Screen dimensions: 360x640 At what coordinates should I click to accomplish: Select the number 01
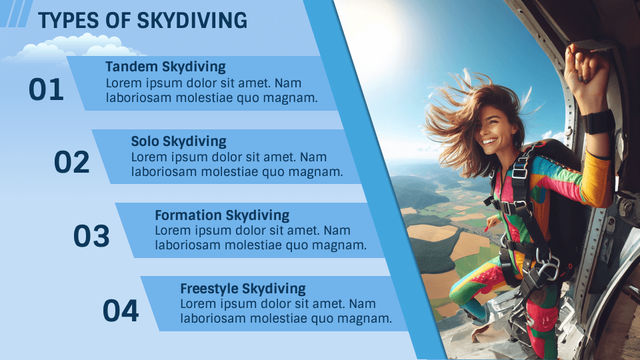click(46, 90)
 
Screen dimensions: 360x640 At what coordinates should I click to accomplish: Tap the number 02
click(71, 163)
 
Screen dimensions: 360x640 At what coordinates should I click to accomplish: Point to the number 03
click(91, 236)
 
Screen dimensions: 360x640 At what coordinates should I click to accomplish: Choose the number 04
click(121, 311)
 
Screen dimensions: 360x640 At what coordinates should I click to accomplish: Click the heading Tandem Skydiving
click(165, 67)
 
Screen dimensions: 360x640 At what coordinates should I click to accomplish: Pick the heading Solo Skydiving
click(179, 141)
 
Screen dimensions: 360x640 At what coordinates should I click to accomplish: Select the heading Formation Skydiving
click(222, 215)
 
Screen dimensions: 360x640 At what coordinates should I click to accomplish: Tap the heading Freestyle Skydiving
click(243, 289)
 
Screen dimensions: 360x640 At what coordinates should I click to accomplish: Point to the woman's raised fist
click(586, 67)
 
